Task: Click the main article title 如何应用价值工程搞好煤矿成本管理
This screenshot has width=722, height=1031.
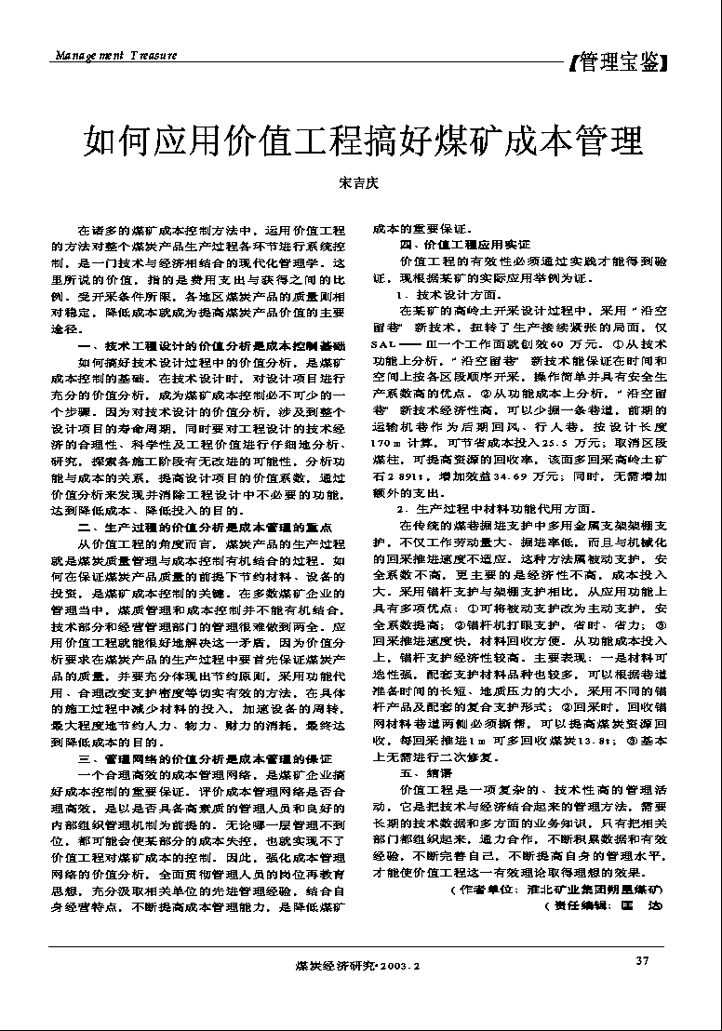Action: (363, 141)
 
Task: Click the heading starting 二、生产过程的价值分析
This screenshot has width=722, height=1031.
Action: (206, 528)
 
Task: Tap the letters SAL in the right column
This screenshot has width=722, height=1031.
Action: (382, 332)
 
